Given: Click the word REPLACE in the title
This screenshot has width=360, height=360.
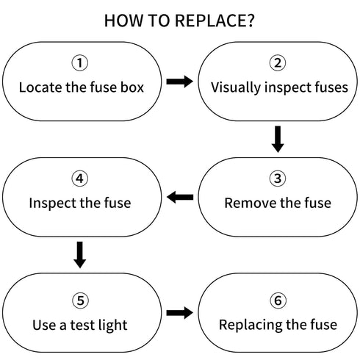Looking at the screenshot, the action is pyautogui.click(x=215, y=21).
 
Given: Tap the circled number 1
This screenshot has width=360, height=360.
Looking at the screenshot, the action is pyautogui.click(x=80, y=63).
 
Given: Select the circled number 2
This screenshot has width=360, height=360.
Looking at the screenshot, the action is pyautogui.click(x=278, y=63).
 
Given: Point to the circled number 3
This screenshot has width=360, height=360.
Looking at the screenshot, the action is pyautogui.click(x=278, y=179).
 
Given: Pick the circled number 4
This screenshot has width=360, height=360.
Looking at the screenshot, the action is pyautogui.click(x=80, y=179).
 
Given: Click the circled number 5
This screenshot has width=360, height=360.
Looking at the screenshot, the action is pyautogui.click(x=81, y=300).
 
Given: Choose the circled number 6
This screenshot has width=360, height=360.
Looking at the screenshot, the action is pyautogui.click(x=278, y=300).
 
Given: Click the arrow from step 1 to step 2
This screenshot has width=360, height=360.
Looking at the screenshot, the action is pyautogui.click(x=180, y=82).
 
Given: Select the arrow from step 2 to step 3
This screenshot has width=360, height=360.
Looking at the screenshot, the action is pyautogui.click(x=278, y=139).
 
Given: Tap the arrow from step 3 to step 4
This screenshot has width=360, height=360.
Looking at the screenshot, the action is pyautogui.click(x=180, y=197).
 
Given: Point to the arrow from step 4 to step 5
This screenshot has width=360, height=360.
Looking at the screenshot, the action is pyautogui.click(x=80, y=255).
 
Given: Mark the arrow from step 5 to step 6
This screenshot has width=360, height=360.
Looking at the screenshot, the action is pyautogui.click(x=180, y=313).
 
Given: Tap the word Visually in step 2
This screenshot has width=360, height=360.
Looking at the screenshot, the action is pyautogui.click(x=236, y=88).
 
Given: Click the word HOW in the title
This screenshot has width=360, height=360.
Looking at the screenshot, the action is pyautogui.click(x=123, y=21).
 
